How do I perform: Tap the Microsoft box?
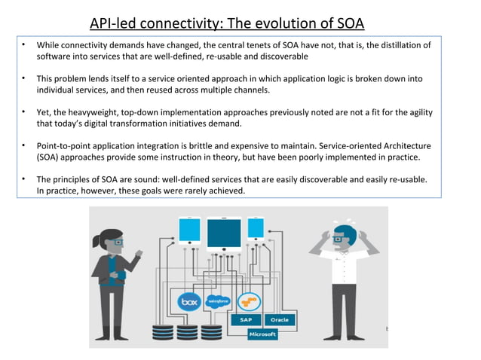[x=262, y=334]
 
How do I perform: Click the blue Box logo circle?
[x=189, y=302]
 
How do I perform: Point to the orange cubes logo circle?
[x=248, y=302]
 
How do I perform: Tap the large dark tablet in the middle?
[x=223, y=234]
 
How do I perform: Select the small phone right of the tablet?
[x=256, y=227]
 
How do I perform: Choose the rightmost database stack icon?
[x=212, y=332]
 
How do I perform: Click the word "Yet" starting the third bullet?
[x=44, y=112]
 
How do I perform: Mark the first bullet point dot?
[x=24, y=45]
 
